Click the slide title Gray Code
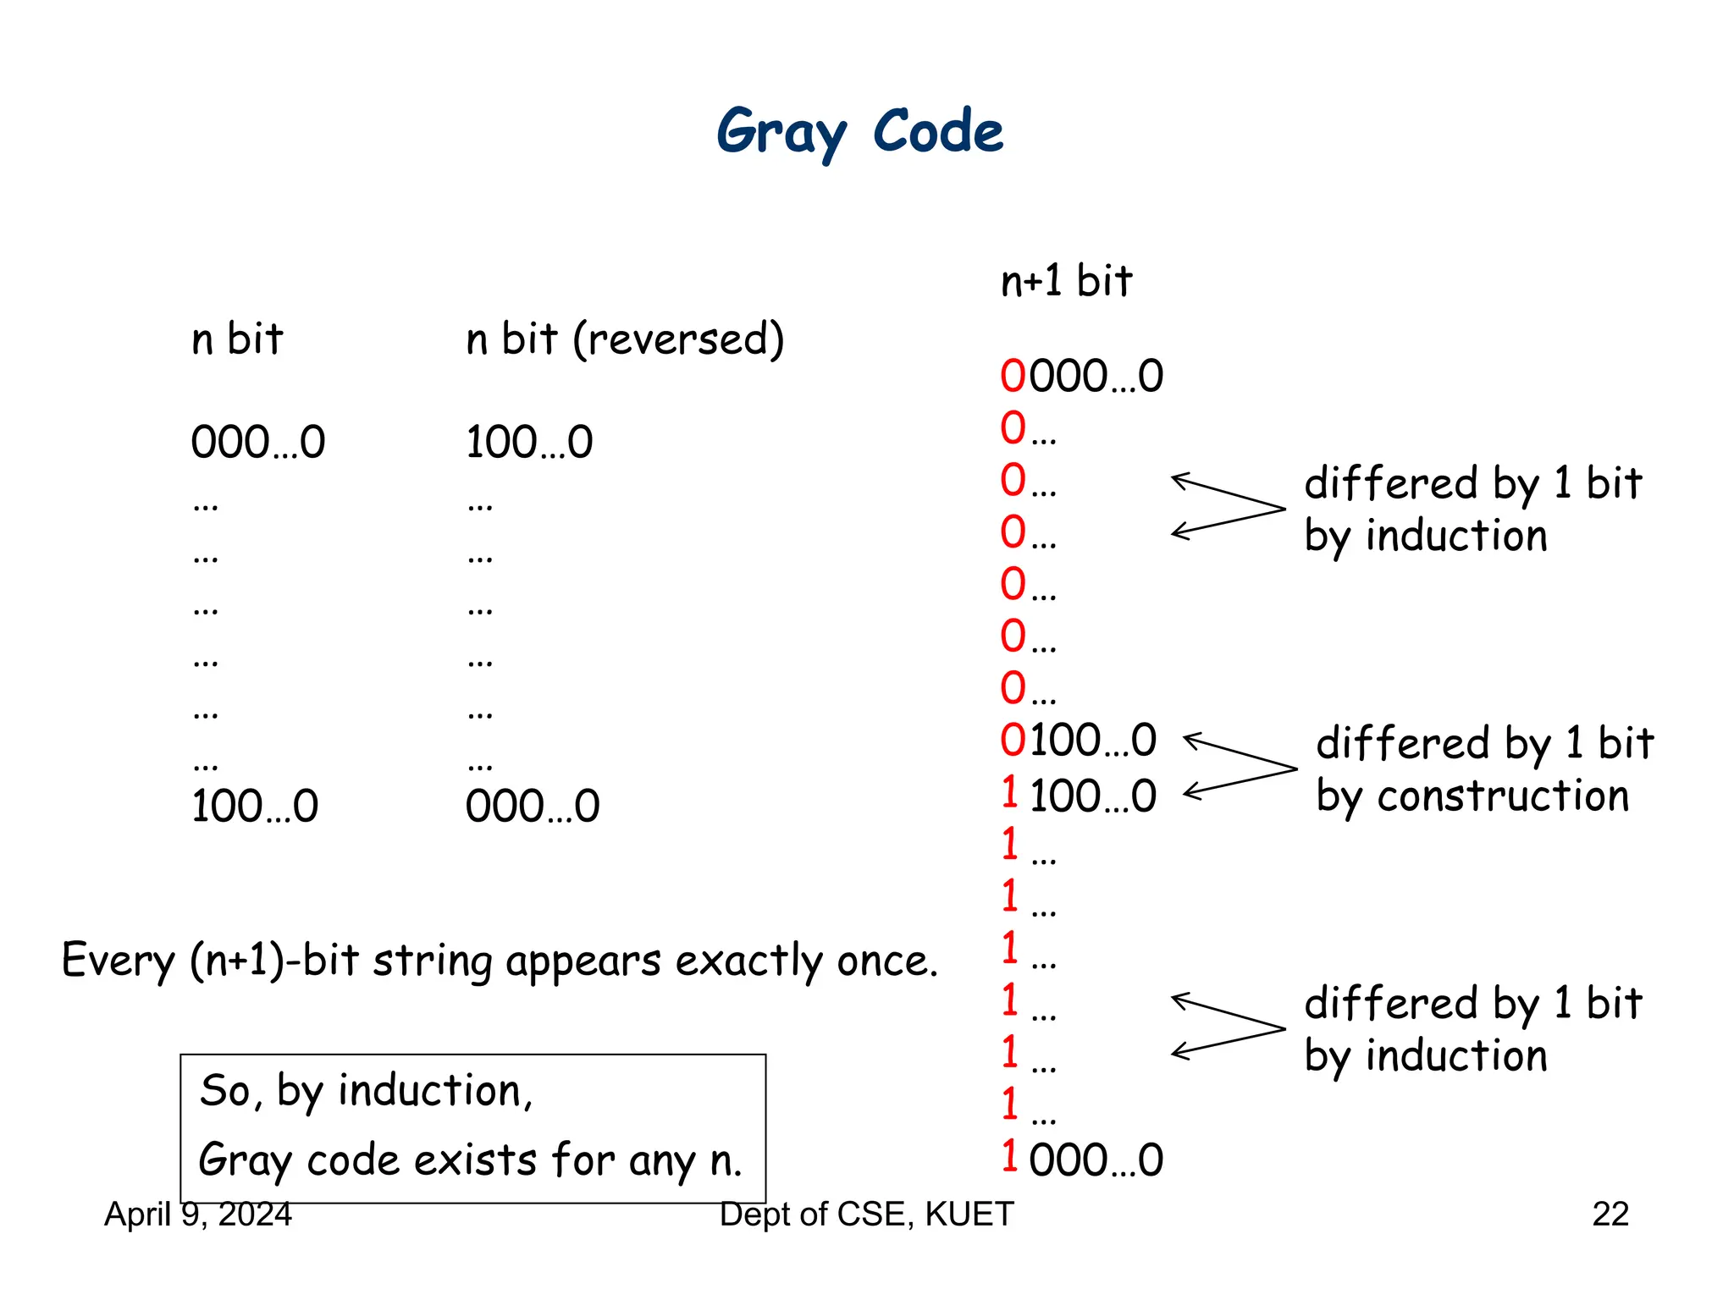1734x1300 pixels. point(859,133)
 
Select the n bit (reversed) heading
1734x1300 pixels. point(625,339)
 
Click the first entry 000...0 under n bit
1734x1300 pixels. point(257,442)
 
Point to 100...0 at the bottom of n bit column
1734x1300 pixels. point(254,806)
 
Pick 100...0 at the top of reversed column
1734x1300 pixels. point(529,442)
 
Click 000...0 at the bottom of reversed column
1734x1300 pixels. point(532,806)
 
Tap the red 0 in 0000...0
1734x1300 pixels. point(1013,376)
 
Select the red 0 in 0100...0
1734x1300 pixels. point(1013,740)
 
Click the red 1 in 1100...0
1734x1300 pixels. point(1009,793)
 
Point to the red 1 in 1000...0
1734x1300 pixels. point(1009,1156)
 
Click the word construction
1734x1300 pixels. point(1502,796)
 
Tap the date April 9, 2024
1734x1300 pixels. point(197,1215)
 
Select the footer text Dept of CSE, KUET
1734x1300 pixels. point(866,1215)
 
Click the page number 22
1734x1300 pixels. point(1610,1215)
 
